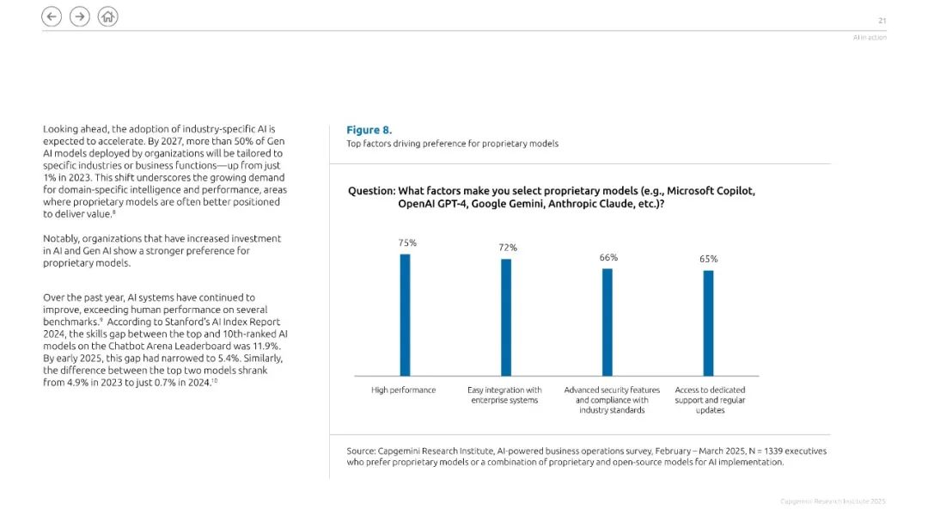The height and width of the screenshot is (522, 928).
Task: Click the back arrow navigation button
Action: (52, 16)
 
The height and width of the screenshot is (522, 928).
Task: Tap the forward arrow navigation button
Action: (80, 16)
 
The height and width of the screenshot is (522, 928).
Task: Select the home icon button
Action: (107, 16)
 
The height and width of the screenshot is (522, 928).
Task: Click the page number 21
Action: (882, 21)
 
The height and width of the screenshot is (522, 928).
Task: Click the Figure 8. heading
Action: (369, 130)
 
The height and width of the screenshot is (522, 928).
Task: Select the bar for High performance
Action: (405, 316)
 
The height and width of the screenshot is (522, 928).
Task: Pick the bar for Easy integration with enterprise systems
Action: (506, 317)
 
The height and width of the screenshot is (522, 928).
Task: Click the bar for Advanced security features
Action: (607, 322)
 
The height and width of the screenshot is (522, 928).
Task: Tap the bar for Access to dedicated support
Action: (708, 323)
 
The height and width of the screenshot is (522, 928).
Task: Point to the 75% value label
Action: (407, 243)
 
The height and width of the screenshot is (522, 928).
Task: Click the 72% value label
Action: (508, 248)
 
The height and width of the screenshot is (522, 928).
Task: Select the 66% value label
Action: (608, 258)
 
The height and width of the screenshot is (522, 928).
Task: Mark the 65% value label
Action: (708, 259)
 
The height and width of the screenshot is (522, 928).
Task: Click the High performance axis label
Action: (404, 390)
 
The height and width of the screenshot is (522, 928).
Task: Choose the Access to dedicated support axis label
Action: (711, 400)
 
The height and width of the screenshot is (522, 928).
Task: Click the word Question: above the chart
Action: (372, 191)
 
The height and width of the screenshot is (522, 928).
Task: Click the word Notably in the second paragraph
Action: (61, 239)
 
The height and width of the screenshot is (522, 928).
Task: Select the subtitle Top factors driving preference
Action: (452, 144)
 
